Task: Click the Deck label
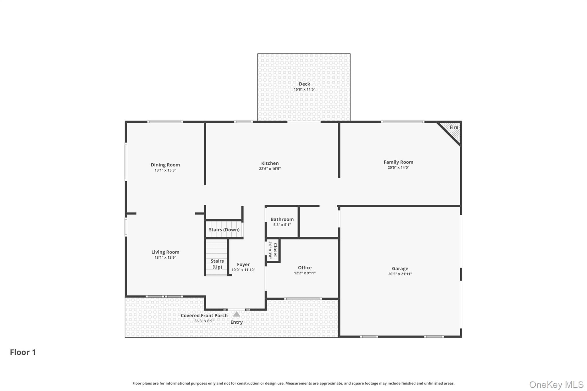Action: point(304,84)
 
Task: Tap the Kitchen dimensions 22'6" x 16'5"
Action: point(270,169)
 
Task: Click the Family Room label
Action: point(398,162)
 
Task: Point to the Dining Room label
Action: point(165,165)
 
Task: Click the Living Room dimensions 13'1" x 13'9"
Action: point(165,258)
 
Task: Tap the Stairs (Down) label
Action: point(224,230)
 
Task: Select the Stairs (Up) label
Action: point(217,264)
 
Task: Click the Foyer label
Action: point(243,264)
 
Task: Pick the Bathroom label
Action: point(282,219)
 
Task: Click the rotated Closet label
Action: point(275,250)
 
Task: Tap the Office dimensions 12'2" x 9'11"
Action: point(305,273)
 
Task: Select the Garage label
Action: point(400,268)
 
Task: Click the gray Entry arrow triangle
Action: point(236,314)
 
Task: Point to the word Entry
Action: point(236,322)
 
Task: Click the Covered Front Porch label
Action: point(204,315)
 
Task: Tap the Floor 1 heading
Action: point(23,352)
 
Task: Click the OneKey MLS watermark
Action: point(556,384)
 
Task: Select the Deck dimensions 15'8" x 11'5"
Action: point(304,89)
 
